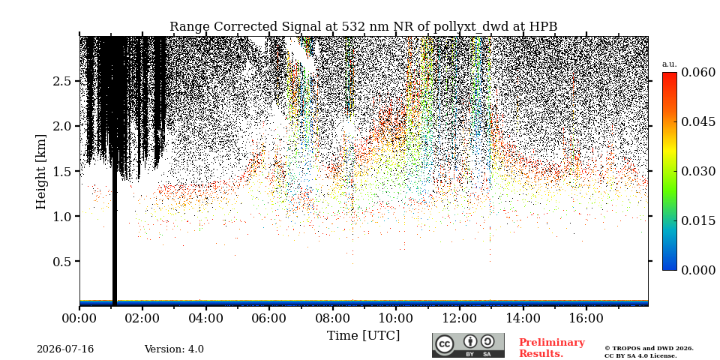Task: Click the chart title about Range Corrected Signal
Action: tap(363, 27)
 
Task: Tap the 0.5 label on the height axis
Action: tap(63, 261)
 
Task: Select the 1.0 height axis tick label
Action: tap(63, 216)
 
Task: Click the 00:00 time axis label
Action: tap(79, 318)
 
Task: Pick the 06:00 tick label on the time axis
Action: tap(269, 318)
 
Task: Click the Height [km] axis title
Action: tap(41, 171)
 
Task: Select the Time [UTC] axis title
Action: tap(363, 336)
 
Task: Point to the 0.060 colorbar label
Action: tap(698, 72)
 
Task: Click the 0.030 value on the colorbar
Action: tap(698, 171)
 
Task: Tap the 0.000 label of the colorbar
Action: tap(698, 270)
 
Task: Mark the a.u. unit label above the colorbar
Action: tap(670, 64)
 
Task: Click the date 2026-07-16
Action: tap(65, 349)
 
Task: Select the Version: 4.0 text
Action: tap(174, 349)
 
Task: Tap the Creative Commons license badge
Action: tap(468, 345)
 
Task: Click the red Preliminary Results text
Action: tap(552, 348)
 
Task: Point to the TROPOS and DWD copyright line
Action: tap(649, 349)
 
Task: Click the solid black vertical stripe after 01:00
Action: tap(115, 238)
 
